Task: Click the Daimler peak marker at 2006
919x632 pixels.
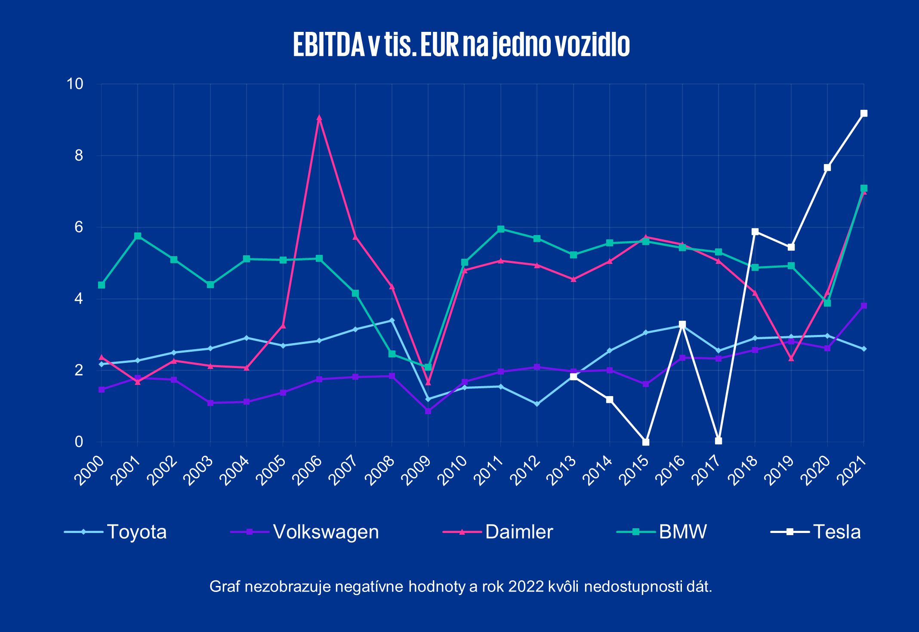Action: [319, 118]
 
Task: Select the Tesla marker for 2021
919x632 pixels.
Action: [863, 113]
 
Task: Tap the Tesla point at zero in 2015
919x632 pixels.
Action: [646, 442]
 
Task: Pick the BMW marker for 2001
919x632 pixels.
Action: [138, 236]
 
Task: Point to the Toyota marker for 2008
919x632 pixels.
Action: [392, 320]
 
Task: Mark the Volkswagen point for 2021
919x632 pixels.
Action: [863, 306]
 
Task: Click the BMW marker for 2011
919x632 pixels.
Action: [501, 229]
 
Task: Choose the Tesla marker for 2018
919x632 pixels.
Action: [755, 232]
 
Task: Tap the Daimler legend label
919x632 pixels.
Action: [519, 532]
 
